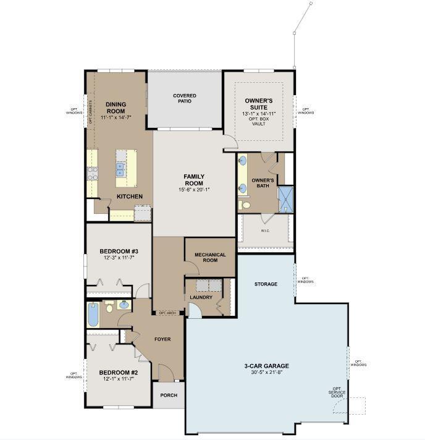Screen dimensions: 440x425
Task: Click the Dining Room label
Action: (x=116, y=108)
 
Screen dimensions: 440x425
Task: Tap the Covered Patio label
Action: (x=185, y=98)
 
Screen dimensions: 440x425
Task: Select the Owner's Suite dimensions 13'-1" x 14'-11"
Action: (x=258, y=114)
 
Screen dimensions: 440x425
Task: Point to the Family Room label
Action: (x=193, y=180)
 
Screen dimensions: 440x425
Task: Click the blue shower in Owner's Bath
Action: (x=285, y=198)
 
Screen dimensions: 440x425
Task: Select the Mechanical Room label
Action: (x=210, y=258)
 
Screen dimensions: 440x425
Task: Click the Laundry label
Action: (x=202, y=297)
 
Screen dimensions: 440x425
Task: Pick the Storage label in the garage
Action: (x=266, y=284)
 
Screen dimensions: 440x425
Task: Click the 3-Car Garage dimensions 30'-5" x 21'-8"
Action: (x=266, y=373)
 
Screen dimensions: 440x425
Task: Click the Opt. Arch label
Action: (x=168, y=313)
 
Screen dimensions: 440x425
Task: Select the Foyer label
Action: (x=162, y=339)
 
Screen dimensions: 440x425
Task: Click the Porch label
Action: (x=169, y=396)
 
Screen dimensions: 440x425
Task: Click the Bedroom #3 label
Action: (x=119, y=252)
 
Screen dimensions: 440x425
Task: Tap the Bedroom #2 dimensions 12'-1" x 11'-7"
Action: (x=119, y=380)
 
